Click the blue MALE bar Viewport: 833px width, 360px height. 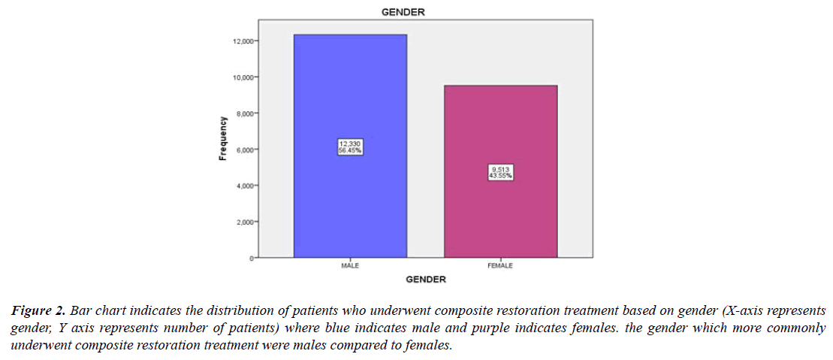click(x=350, y=90)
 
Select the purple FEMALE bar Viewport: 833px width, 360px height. click(x=500, y=128)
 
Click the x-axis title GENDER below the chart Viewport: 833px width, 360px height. click(x=426, y=280)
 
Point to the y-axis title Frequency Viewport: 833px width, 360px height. click(x=222, y=138)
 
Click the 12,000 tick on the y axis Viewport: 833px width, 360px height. click(x=242, y=41)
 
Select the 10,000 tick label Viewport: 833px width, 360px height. click(x=242, y=77)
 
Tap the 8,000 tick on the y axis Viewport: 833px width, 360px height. click(x=243, y=113)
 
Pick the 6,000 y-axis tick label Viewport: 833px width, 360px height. click(x=243, y=150)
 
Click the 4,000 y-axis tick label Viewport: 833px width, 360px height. click(x=243, y=186)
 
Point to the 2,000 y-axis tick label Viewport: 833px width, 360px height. click(x=243, y=222)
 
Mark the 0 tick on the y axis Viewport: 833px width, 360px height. click(x=250, y=258)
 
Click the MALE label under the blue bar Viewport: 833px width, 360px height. click(x=350, y=266)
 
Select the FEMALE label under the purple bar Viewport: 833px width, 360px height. click(x=500, y=266)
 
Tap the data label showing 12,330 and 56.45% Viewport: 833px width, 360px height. click(x=350, y=147)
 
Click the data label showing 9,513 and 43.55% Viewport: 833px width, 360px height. click(x=500, y=172)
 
